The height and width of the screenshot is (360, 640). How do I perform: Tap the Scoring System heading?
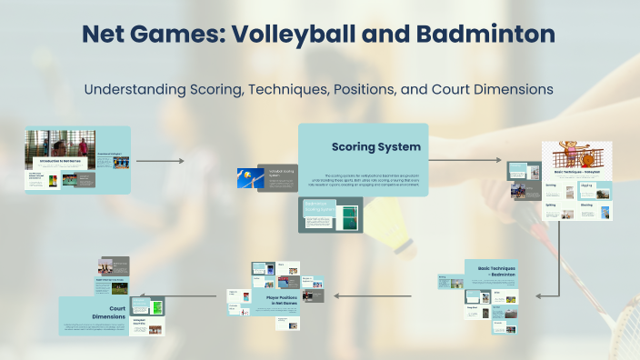pos(375,145)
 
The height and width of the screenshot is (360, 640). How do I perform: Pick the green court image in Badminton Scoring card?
pos(348,215)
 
